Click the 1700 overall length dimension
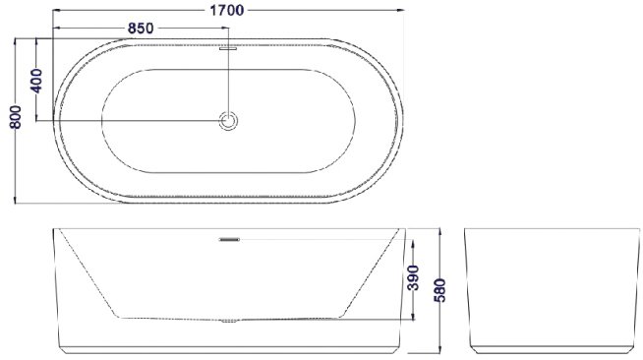point(227,10)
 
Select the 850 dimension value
point(141,28)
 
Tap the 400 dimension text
point(36,81)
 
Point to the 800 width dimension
point(16,117)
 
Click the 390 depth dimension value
point(413,277)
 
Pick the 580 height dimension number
point(439,290)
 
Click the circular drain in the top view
point(228,121)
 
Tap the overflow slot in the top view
point(228,48)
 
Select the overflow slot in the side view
point(229,239)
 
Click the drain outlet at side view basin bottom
point(229,321)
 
